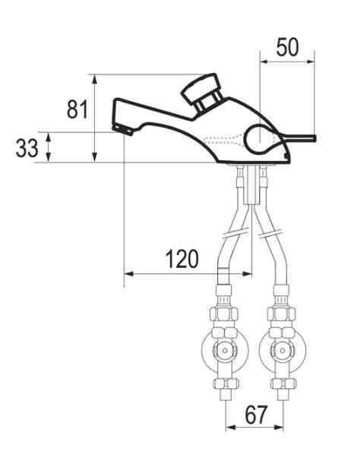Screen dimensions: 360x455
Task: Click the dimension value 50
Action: coord(287,47)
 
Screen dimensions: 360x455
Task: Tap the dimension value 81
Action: coord(77,109)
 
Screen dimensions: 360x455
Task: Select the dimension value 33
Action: coord(27,148)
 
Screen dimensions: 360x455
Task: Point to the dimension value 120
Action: coord(182,258)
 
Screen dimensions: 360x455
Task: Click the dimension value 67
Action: coord(255,415)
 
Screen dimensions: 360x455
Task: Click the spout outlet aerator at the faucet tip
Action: coord(123,130)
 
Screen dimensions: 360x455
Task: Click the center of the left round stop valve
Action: coord(225,350)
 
